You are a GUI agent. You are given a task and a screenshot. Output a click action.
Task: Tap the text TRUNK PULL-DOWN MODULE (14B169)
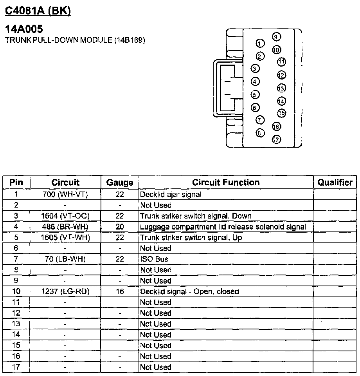tap(75, 40)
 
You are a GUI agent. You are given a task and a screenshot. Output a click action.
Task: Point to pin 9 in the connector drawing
tap(275, 37)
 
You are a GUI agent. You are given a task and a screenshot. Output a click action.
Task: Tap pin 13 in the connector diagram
tap(281, 88)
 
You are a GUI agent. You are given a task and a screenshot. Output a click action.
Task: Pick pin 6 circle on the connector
tap(255, 107)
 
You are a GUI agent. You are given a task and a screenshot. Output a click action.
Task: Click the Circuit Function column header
tap(226, 182)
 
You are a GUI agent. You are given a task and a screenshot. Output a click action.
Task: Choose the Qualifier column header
tap(335, 182)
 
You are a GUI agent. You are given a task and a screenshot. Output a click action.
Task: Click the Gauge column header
tap(120, 183)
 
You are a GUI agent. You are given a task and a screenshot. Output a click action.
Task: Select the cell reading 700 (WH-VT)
tap(65, 194)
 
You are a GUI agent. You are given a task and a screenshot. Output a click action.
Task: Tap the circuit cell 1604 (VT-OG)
tap(65, 216)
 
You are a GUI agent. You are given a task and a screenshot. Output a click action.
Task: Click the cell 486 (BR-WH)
tap(65, 226)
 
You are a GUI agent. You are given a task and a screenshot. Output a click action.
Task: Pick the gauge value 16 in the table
tap(120, 291)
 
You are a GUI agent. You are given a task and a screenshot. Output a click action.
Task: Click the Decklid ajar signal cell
tap(171, 194)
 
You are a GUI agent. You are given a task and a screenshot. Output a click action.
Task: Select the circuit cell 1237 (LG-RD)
tap(65, 291)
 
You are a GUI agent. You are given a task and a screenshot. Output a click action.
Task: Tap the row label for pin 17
tap(16, 367)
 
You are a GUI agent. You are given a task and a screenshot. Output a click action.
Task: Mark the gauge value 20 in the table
tap(120, 226)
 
